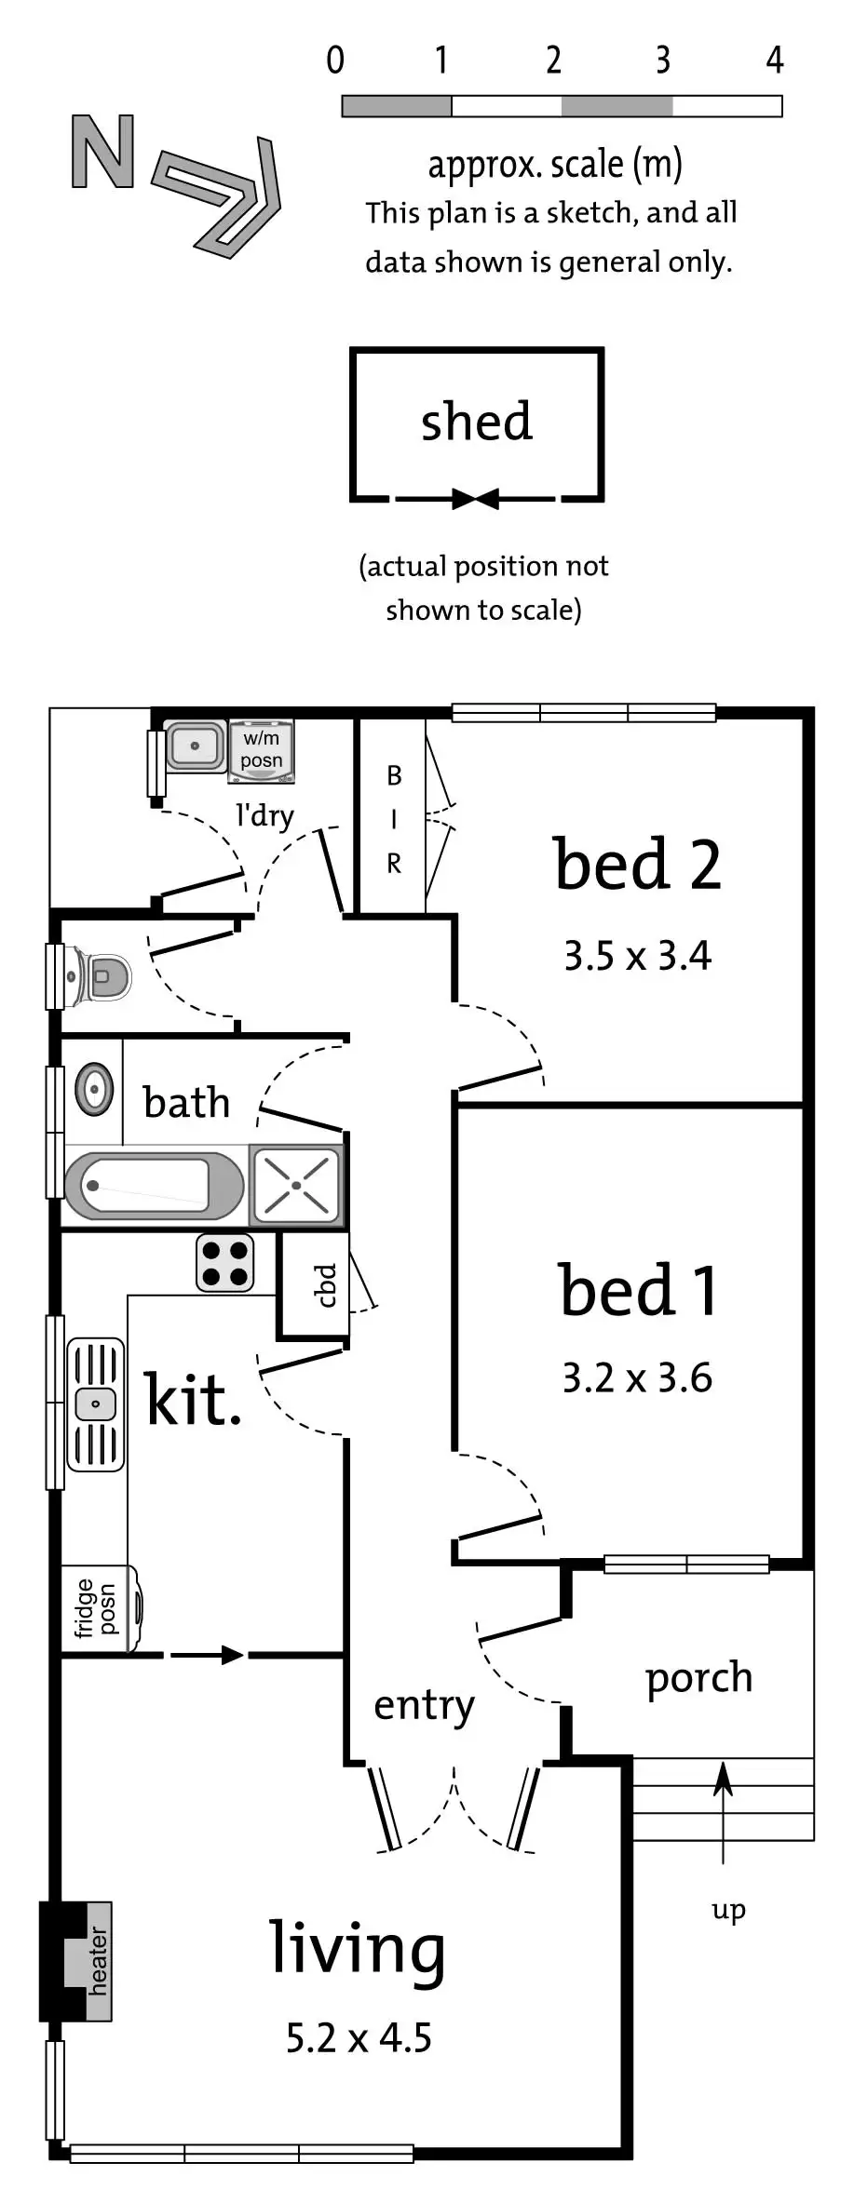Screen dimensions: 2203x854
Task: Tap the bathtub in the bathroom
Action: point(154,1186)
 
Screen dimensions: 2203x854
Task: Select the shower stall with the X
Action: point(296,1185)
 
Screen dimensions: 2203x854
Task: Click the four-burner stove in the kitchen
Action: point(224,1263)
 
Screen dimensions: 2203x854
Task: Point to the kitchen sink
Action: point(95,1404)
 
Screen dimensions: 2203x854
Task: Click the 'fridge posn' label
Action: point(97,1608)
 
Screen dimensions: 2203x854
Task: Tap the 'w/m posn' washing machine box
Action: point(262,749)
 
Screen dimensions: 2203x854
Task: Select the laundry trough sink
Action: point(196,746)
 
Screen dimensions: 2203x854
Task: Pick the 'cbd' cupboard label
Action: point(325,1285)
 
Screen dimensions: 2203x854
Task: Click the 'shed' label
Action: point(477,422)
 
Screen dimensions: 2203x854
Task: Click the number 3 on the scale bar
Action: point(662,60)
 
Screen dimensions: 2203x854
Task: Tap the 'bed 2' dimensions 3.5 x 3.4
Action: point(637,956)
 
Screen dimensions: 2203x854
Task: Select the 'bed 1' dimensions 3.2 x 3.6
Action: point(637,1377)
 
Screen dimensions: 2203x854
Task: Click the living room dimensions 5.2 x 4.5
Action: point(359,2037)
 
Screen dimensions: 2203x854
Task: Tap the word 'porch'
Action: point(698,1678)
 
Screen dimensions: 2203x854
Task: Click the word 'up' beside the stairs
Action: point(728,1911)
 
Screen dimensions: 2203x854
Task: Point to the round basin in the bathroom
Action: point(94,1088)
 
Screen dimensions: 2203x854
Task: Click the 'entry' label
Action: point(424,1705)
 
